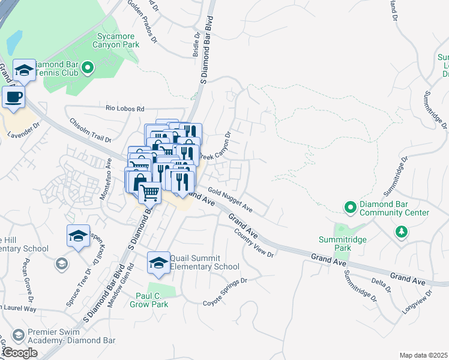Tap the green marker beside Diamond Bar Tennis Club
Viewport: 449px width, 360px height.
(x=88, y=68)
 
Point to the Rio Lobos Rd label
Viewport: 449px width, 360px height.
(x=125, y=109)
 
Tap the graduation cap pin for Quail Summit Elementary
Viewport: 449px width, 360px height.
(x=158, y=262)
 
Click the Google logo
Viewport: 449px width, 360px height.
(x=20, y=352)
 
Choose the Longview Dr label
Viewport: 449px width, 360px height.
(x=418, y=304)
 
